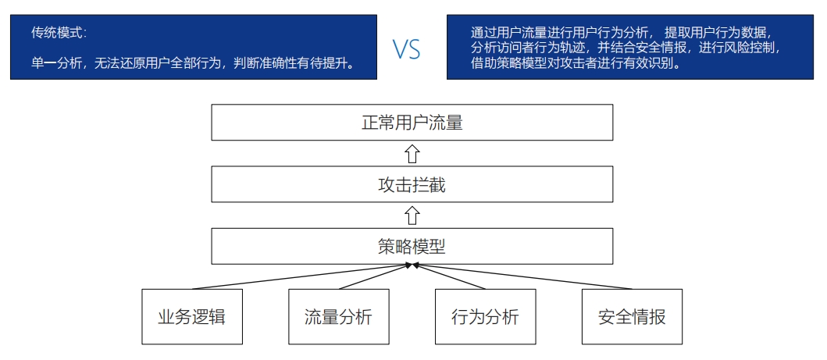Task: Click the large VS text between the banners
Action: point(406,50)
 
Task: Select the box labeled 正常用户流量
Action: point(412,123)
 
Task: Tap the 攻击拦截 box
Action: point(412,185)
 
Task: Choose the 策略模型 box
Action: point(412,246)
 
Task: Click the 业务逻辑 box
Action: point(191,316)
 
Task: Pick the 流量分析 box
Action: point(338,316)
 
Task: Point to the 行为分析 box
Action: point(485,316)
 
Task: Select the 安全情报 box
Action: point(632,316)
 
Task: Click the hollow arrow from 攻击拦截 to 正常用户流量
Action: point(412,153)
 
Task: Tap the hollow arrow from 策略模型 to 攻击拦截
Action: point(412,216)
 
